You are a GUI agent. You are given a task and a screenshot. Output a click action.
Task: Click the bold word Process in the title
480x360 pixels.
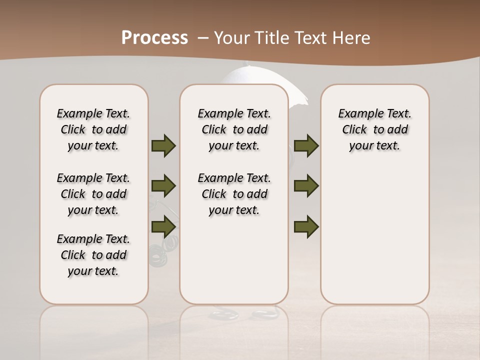coord(154,38)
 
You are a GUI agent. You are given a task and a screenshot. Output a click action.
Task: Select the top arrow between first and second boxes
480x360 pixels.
coord(163,146)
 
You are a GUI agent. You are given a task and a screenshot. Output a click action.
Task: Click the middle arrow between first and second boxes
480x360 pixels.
coord(163,186)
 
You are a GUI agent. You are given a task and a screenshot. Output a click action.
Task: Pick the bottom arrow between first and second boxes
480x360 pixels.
coord(163,226)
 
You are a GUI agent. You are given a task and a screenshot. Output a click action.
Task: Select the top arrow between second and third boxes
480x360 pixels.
coord(306,146)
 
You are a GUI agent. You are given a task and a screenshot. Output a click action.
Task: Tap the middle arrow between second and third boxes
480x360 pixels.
coord(306,186)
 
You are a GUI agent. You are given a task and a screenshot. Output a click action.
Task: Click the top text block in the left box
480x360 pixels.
coord(93,129)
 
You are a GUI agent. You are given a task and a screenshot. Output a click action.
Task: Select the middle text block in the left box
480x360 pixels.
coord(93,194)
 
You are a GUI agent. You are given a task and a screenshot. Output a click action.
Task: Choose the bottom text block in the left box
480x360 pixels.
coord(93,255)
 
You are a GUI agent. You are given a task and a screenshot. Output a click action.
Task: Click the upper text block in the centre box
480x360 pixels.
coord(234,129)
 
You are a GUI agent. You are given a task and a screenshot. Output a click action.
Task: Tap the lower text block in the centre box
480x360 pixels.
coord(234,194)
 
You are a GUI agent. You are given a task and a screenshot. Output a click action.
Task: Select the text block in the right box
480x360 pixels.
coord(374,129)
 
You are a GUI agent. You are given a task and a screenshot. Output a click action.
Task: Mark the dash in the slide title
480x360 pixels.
coord(202,38)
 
